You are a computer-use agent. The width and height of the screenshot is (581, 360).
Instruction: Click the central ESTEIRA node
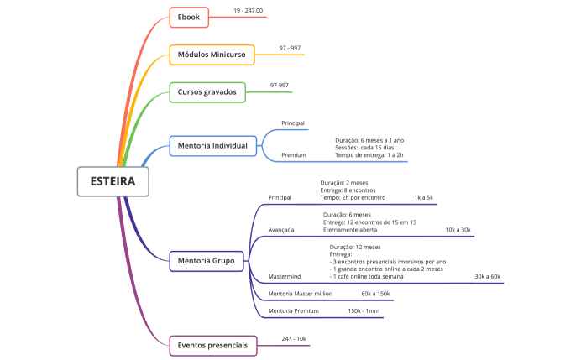click(x=113, y=181)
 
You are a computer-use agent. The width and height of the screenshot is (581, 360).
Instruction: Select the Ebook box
click(x=189, y=18)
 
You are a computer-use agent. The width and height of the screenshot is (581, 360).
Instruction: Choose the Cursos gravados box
click(x=207, y=91)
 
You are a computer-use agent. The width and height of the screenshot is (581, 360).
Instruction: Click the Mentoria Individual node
click(x=212, y=146)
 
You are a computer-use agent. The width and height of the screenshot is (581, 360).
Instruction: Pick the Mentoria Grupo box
click(x=207, y=262)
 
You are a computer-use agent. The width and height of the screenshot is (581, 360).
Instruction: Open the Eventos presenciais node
click(x=212, y=345)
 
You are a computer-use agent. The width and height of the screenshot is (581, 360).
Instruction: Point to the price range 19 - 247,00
click(x=248, y=11)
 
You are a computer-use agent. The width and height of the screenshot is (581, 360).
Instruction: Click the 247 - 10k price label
click(x=294, y=338)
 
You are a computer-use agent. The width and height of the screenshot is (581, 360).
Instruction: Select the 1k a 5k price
click(x=423, y=197)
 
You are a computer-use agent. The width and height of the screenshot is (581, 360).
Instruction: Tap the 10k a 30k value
click(x=458, y=229)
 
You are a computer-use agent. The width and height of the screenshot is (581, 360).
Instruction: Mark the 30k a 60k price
click(x=487, y=276)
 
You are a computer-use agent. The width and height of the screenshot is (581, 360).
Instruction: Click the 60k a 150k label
click(x=375, y=294)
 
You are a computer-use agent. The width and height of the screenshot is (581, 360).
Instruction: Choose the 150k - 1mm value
click(x=364, y=310)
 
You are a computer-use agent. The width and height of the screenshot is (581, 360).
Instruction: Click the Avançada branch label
click(x=281, y=229)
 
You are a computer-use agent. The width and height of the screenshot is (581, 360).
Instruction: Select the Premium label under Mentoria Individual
click(x=293, y=155)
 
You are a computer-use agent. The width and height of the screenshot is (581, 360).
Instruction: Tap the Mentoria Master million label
click(x=301, y=294)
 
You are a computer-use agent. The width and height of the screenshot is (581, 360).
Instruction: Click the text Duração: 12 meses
click(x=355, y=248)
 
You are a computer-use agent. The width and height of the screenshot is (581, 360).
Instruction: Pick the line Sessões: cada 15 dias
click(x=365, y=147)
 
